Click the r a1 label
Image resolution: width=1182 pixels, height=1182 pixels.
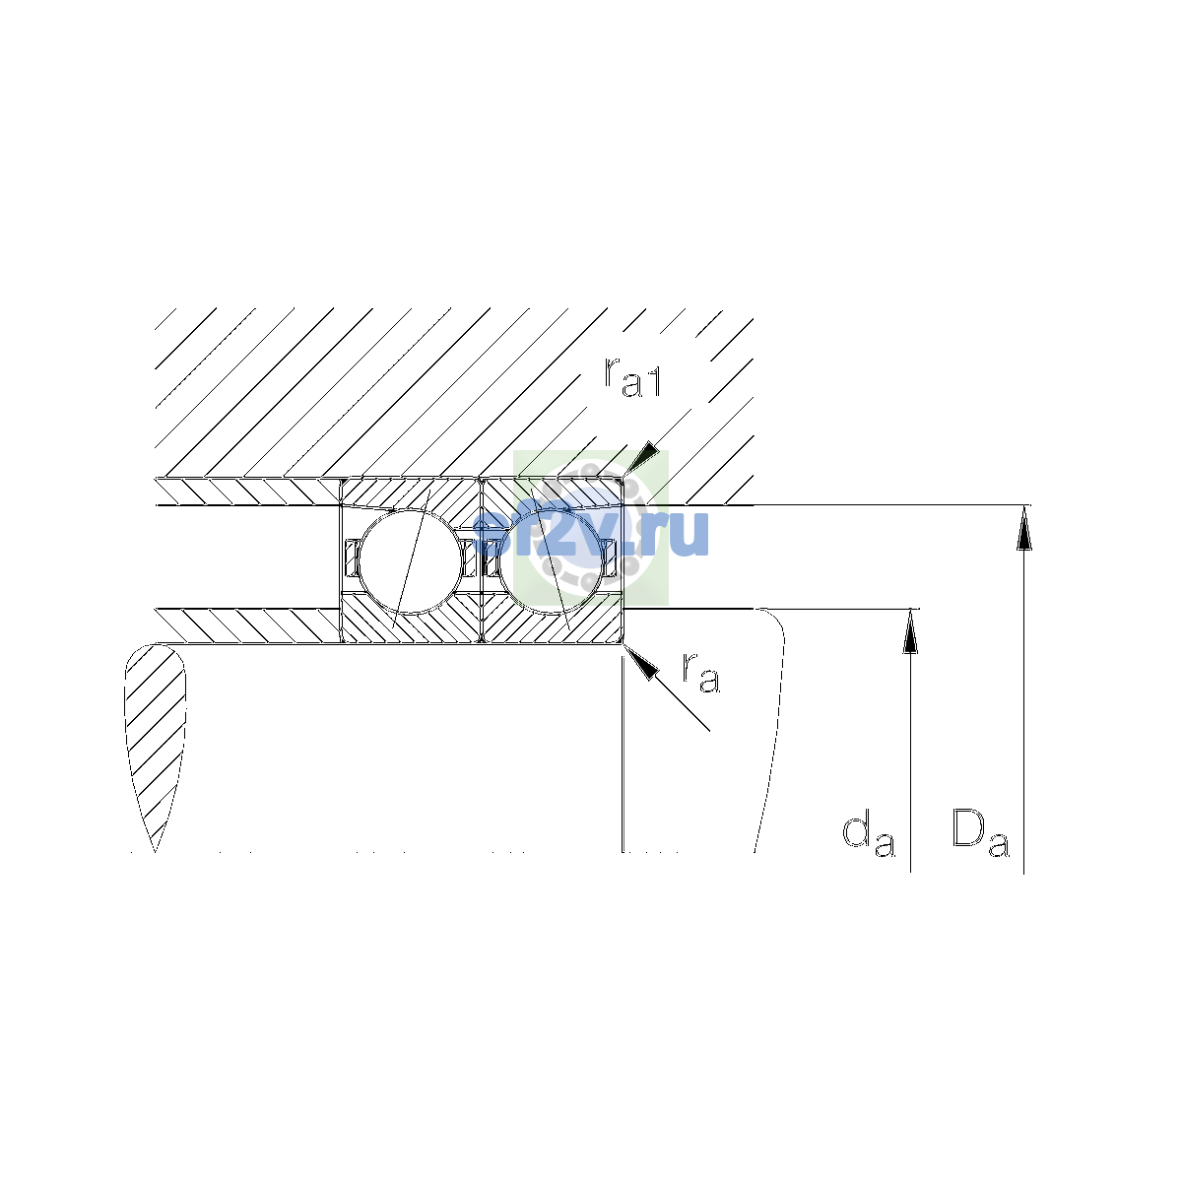pyautogui.click(x=632, y=376)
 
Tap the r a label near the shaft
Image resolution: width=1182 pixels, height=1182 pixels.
pyautogui.click(x=701, y=673)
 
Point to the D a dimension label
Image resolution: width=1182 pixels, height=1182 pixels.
pyautogui.click(x=980, y=832)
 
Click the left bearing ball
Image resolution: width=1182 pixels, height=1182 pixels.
pyautogui.click(x=411, y=561)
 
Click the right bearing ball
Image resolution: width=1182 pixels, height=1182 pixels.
pyautogui.click(x=552, y=561)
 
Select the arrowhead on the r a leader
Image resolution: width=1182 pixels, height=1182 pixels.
pyautogui.click(x=640, y=663)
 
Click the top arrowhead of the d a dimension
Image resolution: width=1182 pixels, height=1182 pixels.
pyautogui.click(x=910, y=631)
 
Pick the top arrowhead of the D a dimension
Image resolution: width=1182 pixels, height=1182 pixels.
pyautogui.click(x=1023, y=528)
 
